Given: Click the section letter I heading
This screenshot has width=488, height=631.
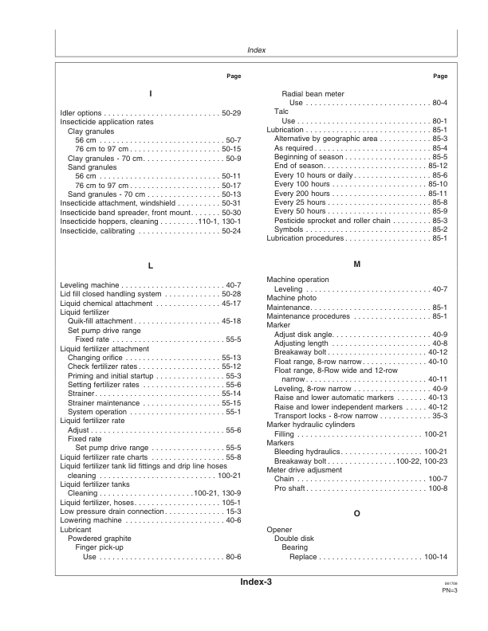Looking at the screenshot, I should (151, 94).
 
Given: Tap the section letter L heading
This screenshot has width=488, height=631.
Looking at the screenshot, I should (151, 265).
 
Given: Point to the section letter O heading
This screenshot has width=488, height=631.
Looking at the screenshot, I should (356, 514).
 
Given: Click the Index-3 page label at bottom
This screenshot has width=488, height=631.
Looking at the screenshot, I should (256, 606).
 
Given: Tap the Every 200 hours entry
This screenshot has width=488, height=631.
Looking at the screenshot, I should (301, 194).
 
